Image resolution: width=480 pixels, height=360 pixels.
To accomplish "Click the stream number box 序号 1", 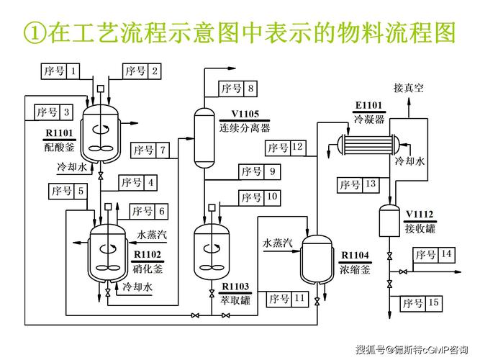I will [60, 71].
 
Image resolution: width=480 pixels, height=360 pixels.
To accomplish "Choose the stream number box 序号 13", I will [359, 185].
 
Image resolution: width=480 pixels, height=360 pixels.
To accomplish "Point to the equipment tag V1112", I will [419, 214].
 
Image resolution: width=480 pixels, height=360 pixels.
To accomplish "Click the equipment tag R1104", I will [355, 256].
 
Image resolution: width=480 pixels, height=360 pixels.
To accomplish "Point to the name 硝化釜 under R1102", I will [148, 269].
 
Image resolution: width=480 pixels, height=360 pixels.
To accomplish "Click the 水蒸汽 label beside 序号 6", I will [152, 235].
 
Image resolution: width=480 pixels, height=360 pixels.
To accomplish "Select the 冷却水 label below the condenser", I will [410, 161].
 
